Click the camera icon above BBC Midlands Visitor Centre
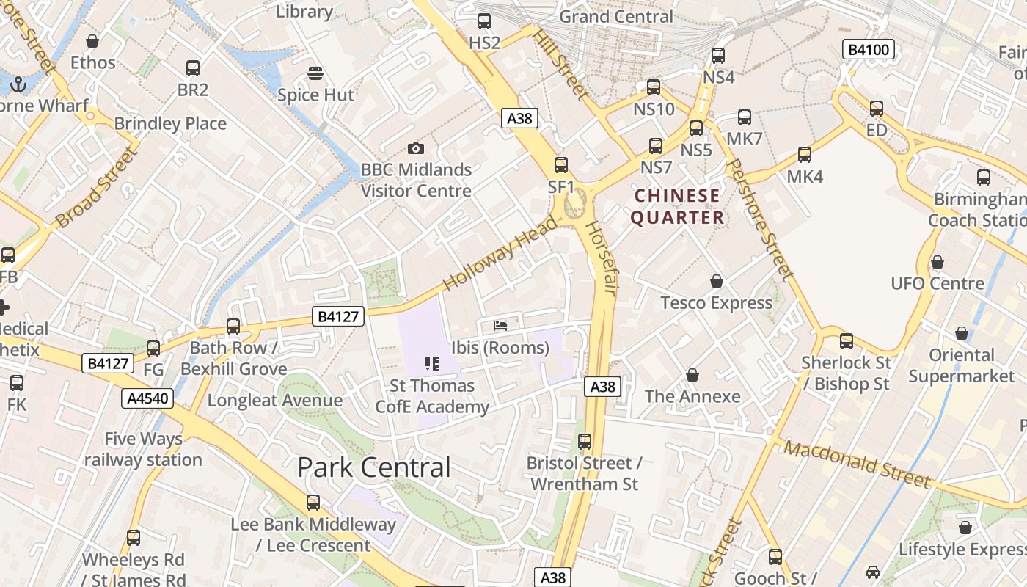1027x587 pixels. (416, 149)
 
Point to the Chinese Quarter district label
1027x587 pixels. (677, 206)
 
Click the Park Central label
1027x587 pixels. (373, 467)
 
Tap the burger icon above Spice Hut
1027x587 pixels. (315, 73)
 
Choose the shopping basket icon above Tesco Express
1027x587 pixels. (717, 281)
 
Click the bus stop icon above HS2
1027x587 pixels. (484, 21)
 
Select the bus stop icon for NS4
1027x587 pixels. (718, 56)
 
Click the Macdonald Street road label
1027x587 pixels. (857, 464)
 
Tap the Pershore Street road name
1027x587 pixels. (759, 219)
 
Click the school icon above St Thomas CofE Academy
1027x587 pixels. (431, 363)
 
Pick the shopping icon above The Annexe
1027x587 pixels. (692, 376)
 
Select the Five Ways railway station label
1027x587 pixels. (143, 449)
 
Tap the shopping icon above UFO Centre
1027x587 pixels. (937, 262)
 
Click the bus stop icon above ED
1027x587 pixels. (877, 109)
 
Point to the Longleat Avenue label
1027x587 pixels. (274, 401)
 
